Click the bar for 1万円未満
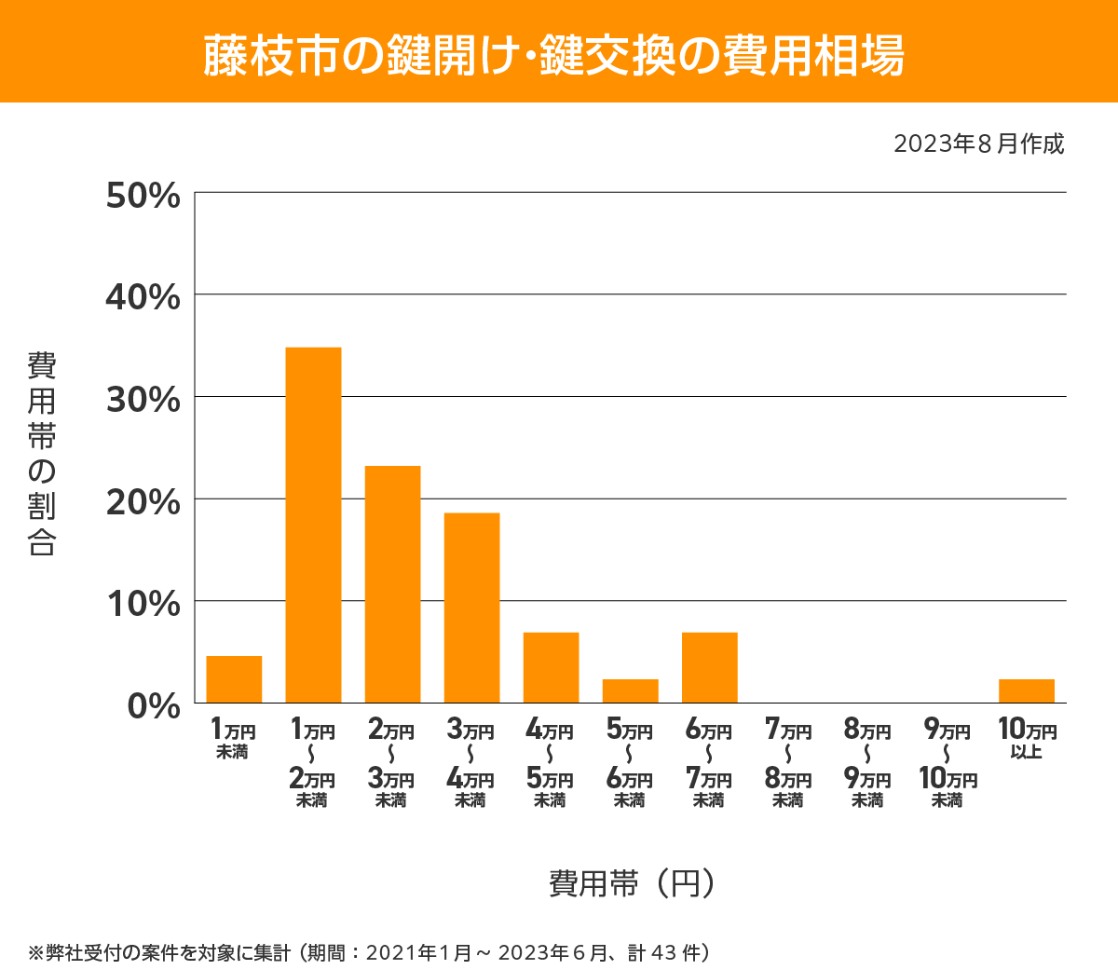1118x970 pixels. [x=234, y=679]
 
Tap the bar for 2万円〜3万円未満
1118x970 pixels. [x=392, y=584]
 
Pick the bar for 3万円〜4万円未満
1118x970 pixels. [x=471, y=608]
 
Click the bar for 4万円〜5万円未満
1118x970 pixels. [x=551, y=667]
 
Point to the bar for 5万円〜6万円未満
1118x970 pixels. [x=630, y=690]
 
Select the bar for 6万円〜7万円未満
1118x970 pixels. [x=709, y=667]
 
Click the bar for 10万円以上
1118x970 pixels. [x=1026, y=690]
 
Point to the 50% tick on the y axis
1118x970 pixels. [x=143, y=196]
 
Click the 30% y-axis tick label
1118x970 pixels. [x=143, y=400]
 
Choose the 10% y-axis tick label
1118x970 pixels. [x=143, y=604]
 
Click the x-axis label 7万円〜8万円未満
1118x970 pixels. [x=788, y=764]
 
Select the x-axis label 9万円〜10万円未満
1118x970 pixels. [x=948, y=764]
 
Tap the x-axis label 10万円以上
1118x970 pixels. [x=1027, y=739]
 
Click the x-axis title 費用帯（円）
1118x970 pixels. [x=633, y=881]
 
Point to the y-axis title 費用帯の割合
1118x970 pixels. [x=42, y=454]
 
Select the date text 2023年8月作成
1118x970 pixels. [x=978, y=144]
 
